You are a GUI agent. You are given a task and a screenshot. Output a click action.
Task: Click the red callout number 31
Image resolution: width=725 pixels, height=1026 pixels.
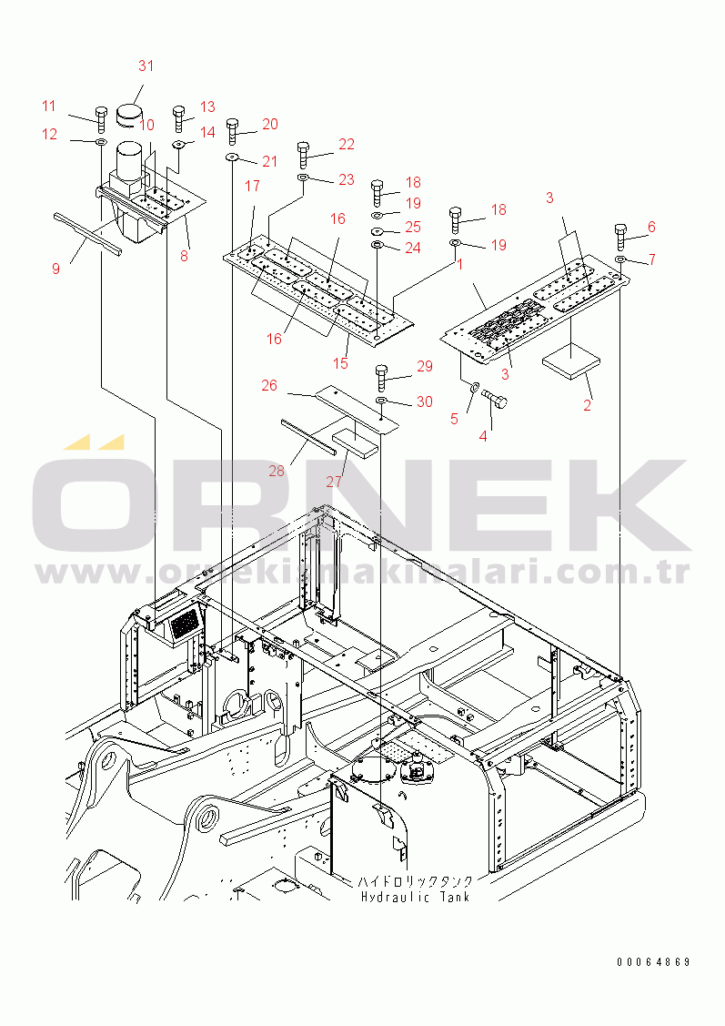[x=146, y=66]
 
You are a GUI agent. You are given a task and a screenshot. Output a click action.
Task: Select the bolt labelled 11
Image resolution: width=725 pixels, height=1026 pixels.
[x=101, y=118]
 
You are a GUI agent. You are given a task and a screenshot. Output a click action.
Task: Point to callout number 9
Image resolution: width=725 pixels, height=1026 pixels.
[x=55, y=269]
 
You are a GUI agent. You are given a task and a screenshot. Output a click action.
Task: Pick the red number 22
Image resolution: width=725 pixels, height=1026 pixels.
[x=347, y=144]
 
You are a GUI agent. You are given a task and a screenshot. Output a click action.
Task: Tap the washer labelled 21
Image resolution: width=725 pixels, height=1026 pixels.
[x=232, y=158]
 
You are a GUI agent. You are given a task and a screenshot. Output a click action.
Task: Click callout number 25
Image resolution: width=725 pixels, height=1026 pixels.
[x=413, y=226]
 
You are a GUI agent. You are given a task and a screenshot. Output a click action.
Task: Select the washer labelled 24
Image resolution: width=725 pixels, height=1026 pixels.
[x=377, y=246]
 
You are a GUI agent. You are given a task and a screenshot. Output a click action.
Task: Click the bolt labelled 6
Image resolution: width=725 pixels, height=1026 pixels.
[x=621, y=236]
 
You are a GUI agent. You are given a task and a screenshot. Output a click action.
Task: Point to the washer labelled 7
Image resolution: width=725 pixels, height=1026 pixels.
[x=619, y=260]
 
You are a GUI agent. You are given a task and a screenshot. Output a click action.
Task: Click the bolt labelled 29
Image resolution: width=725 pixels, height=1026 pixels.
[x=382, y=376]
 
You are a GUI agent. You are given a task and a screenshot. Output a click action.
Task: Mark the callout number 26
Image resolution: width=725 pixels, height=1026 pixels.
[x=269, y=385]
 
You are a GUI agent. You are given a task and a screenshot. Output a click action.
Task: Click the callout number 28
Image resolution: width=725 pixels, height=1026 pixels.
[x=277, y=471]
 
